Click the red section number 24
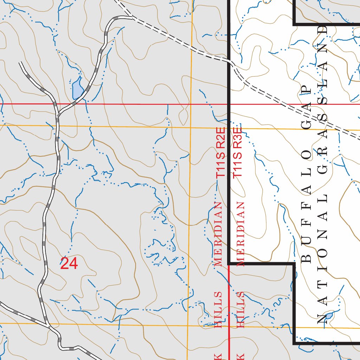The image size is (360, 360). [x=69, y=263]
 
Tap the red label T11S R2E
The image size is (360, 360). [x=220, y=153]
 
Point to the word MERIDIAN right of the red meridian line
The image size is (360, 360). [x=240, y=234]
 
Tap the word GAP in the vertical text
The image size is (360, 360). [x=307, y=105]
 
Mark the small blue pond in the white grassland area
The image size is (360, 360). [x=329, y=316]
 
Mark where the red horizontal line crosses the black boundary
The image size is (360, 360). [x=229, y=104]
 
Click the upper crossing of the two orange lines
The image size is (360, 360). [x=191, y=127]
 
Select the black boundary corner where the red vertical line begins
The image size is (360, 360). [x=229, y=263]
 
